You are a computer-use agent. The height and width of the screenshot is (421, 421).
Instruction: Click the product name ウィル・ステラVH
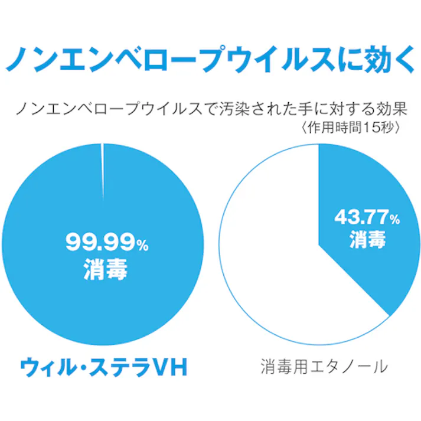click(x=103, y=368)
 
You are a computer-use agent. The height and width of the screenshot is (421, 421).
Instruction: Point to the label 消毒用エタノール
click(x=324, y=367)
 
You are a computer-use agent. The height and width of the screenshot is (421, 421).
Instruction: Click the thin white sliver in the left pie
click(x=103, y=171)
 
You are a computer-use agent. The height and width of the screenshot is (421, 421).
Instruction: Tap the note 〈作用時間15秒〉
click(x=353, y=128)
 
